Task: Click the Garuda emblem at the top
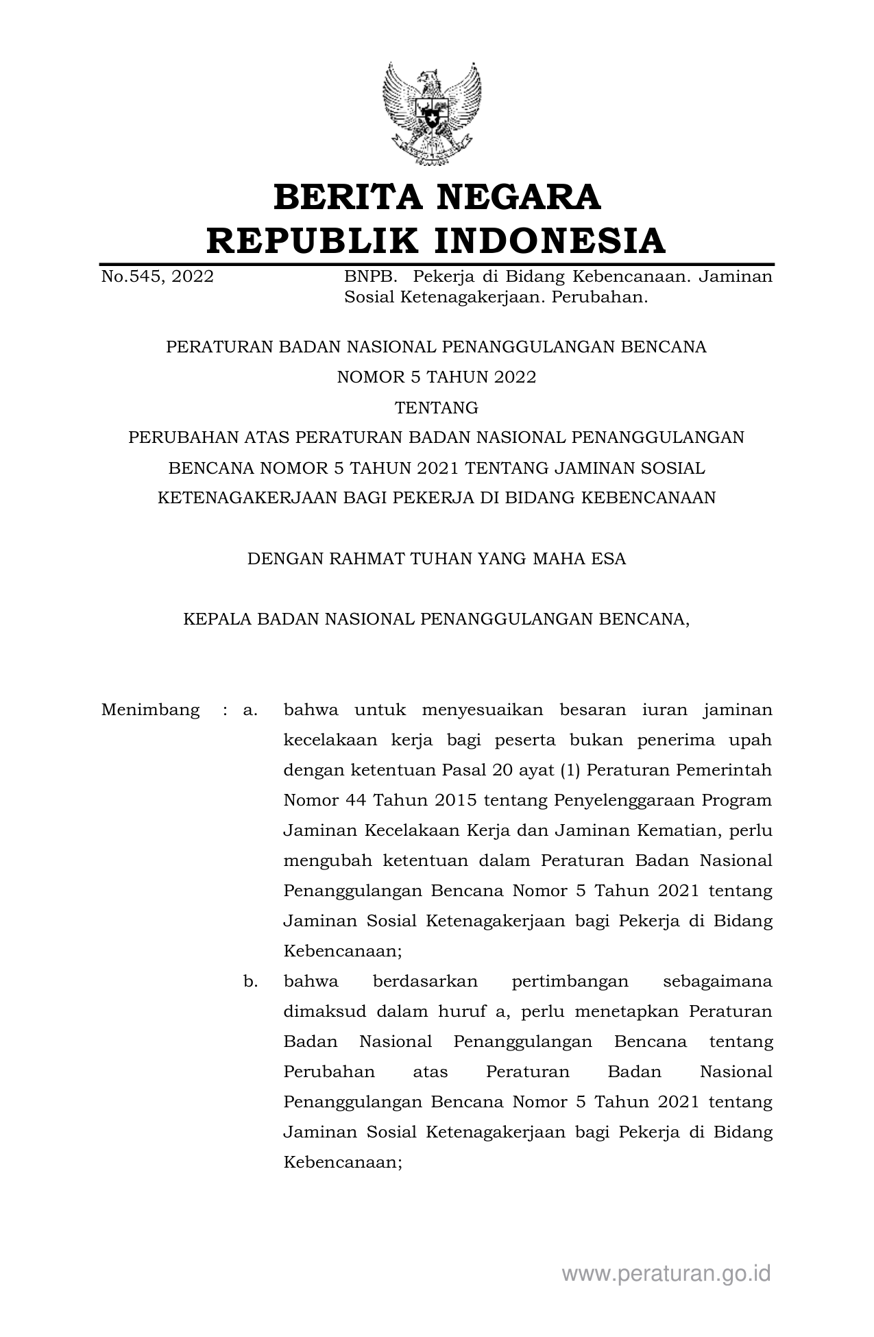(x=431, y=113)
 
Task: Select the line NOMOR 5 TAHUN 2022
(x=436, y=377)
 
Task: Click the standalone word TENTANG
(x=436, y=408)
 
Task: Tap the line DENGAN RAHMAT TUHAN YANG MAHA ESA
(x=436, y=559)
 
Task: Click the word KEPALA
(x=217, y=620)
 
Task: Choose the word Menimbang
(x=150, y=710)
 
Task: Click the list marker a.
(x=250, y=710)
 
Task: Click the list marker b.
(x=250, y=981)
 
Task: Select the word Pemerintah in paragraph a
(x=724, y=770)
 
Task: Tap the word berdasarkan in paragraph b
(x=425, y=981)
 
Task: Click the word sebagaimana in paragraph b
(x=718, y=981)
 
